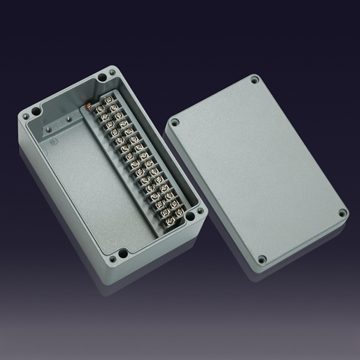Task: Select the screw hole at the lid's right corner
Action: pyautogui.click(x=342, y=212)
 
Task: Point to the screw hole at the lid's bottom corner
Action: pyautogui.click(x=262, y=260)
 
